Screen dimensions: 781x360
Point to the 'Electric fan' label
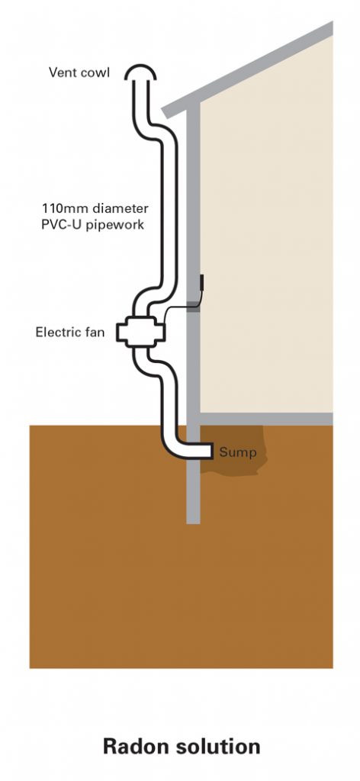[x=72, y=333]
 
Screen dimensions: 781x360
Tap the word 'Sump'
[x=238, y=452]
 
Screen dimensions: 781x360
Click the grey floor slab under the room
[x=267, y=419]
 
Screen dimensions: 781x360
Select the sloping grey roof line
[x=252, y=68]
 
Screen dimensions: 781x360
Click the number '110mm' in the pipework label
[x=62, y=207]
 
